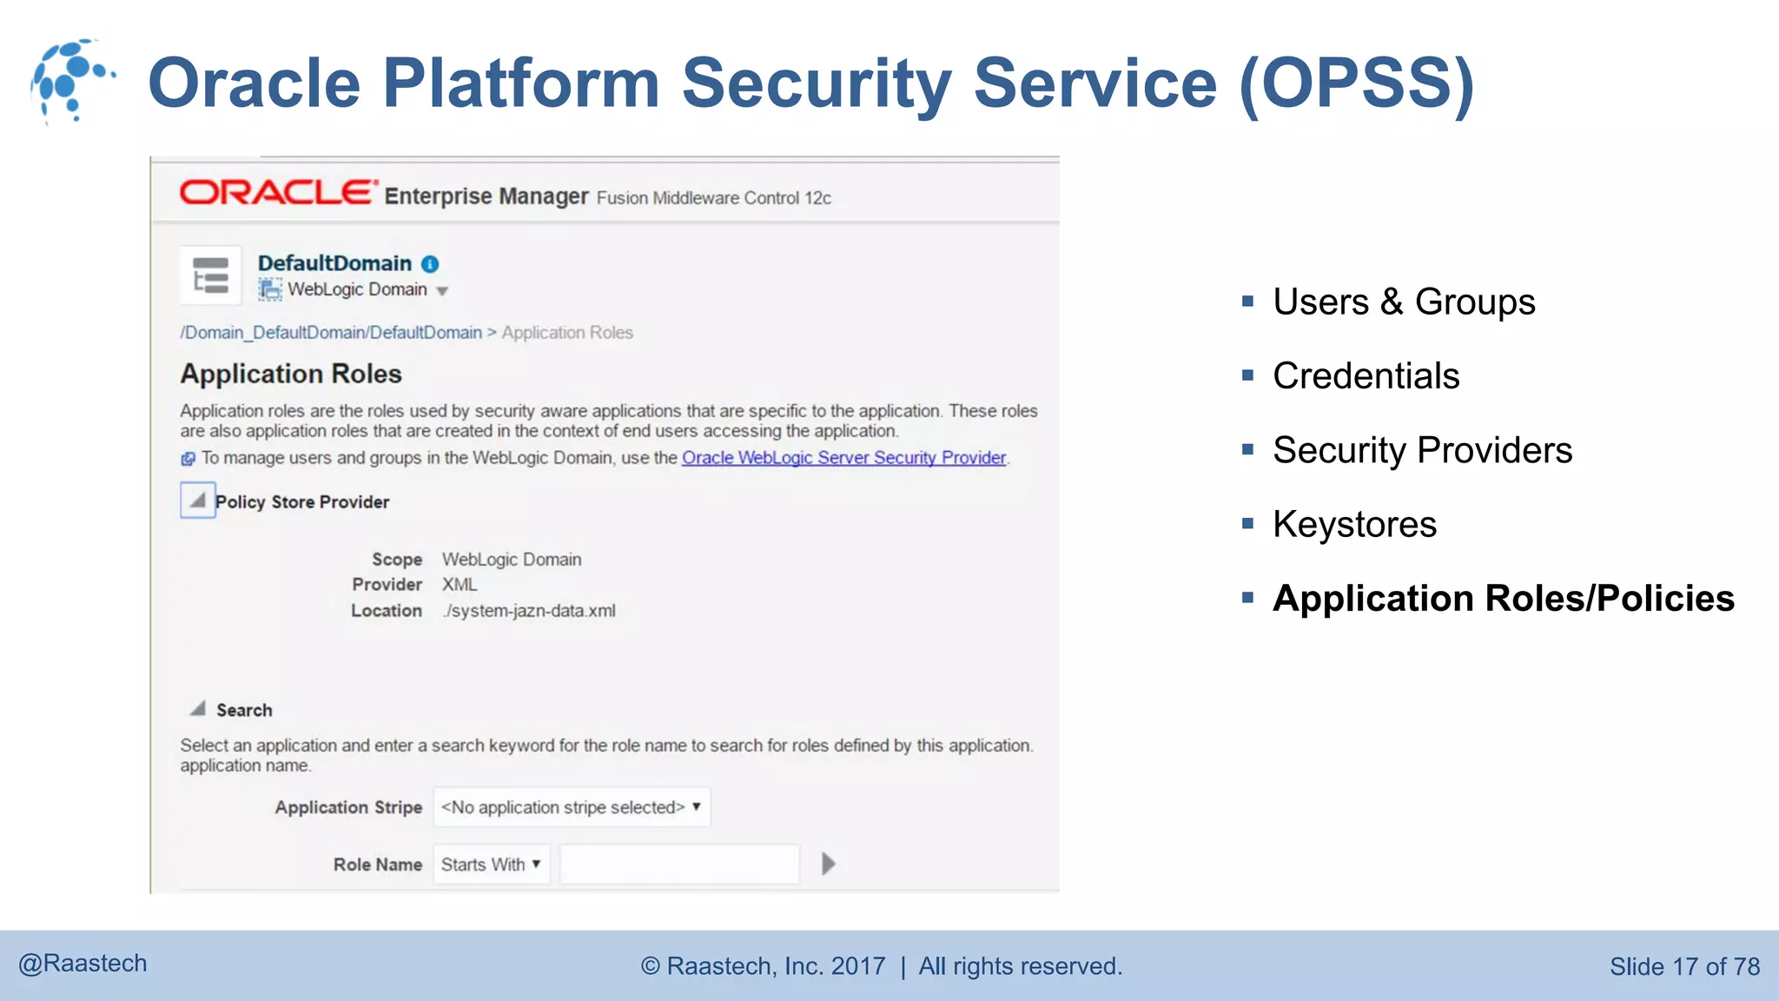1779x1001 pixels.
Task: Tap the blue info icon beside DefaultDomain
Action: [x=430, y=264]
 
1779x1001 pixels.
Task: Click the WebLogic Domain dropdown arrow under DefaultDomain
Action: [x=442, y=291]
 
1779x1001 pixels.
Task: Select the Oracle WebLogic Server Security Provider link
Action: [x=843, y=458]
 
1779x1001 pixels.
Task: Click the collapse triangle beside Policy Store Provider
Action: [x=198, y=500]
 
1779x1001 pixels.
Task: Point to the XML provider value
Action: [x=460, y=585]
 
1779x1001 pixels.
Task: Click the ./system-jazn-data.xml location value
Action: [x=528, y=611]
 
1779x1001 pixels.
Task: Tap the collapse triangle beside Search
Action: [x=198, y=709]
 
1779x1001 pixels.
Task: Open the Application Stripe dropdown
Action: [x=571, y=807]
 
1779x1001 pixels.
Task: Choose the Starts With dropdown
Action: [x=491, y=865]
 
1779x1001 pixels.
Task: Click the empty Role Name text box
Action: [x=679, y=865]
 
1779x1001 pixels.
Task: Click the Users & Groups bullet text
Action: [x=1404, y=302]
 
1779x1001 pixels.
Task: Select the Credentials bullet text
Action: [x=1366, y=376]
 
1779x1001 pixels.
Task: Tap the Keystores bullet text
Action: [x=1354, y=525]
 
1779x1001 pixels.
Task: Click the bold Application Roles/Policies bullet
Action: [x=1503, y=599]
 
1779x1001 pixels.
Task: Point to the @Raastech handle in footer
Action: [x=83, y=964]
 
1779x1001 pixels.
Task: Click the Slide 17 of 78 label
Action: [x=1684, y=966]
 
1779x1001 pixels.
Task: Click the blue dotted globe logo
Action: [x=71, y=81]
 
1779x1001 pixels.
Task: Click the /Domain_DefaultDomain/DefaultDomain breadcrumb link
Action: [x=331, y=333]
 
